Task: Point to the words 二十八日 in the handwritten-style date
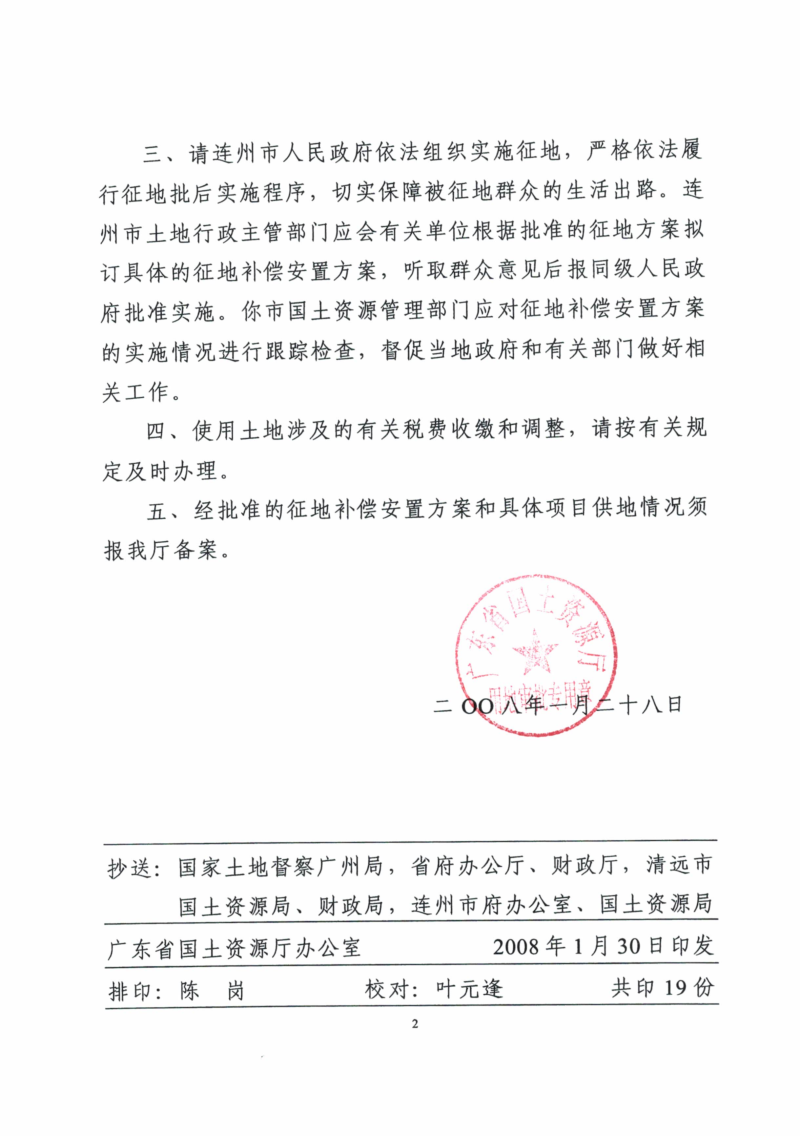(639, 705)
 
